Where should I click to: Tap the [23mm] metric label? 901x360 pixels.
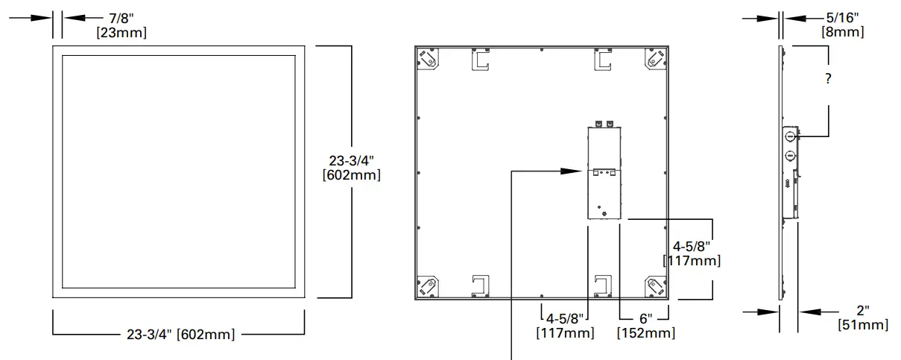(x=121, y=32)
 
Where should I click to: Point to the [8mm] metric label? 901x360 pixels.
(x=842, y=32)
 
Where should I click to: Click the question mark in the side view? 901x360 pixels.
(x=828, y=80)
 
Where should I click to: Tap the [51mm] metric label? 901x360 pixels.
(x=863, y=324)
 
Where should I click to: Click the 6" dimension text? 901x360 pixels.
(x=645, y=318)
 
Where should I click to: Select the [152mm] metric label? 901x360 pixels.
(x=645, y=332)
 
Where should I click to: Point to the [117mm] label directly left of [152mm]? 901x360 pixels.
(x=565, y=332)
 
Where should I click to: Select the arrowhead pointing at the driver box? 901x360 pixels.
(x=574, y=171)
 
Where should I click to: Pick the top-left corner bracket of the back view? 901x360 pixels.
(x=428, y=59)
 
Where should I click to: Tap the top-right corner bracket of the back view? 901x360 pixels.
(x=655, y=59)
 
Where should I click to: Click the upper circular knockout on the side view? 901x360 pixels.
(x=789, y=136)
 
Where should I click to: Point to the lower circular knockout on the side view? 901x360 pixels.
(x=789, y=157)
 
